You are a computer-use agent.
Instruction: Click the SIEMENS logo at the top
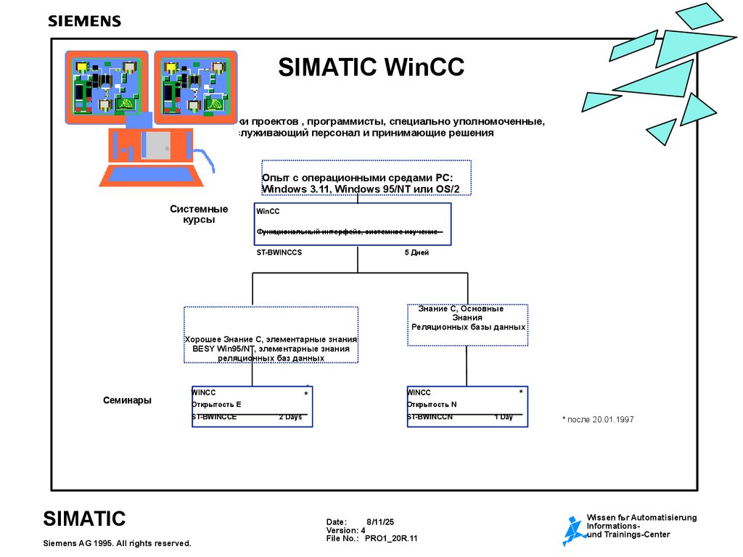pos(84,21)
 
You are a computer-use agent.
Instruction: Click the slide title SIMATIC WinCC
pos(371,67)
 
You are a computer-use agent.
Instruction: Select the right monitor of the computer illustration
pos(195,87)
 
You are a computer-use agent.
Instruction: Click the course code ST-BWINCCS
pos(279,253)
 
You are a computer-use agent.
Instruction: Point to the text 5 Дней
pos(416,253)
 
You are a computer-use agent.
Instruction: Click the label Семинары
pos(127,400)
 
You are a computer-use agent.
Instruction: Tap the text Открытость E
pos(216,405)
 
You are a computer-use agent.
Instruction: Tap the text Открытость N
pos(432,405)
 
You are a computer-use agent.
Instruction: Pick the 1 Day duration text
pos(504,418)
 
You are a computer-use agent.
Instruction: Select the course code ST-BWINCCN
pos(430,418)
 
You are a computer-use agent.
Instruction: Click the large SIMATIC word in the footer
pos(84,519)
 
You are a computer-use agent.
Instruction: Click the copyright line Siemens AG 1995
pos(117,543)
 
